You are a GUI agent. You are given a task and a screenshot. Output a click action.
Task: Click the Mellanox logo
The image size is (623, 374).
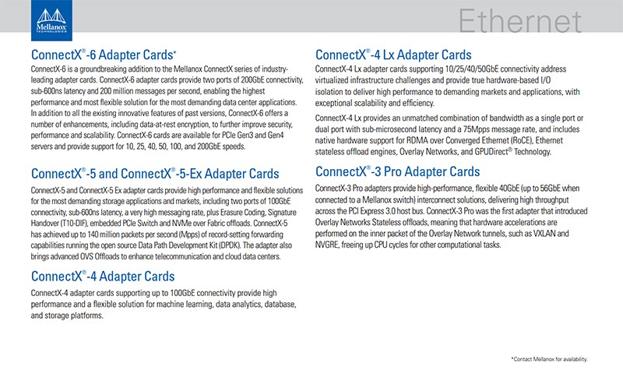click(51, 20)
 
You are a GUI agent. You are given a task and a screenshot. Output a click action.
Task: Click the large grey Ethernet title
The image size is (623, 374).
click(520, 21)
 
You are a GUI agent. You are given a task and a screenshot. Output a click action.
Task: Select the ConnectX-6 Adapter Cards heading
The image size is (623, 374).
click(104, 55)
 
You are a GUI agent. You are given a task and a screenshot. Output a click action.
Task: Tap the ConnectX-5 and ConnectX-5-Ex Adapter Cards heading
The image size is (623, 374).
click(155, 173)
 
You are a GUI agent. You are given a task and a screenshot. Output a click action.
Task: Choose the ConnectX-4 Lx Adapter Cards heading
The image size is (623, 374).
click(393, 55)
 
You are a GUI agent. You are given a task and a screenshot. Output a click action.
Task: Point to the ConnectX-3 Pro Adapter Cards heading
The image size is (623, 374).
click(397, 171)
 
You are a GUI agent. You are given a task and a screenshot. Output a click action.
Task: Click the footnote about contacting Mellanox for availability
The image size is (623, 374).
click(549, 359)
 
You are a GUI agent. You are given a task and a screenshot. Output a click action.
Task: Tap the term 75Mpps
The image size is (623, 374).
click(477, 129)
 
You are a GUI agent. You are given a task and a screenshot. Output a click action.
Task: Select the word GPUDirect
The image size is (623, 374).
click(491, 151)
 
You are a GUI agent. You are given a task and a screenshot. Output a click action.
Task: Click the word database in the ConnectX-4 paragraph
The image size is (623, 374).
click(280, 305)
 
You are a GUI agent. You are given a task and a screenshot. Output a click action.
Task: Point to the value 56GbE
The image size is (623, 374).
click(550, 189)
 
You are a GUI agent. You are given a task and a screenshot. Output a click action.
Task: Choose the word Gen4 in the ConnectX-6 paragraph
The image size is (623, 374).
click(276, 135)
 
